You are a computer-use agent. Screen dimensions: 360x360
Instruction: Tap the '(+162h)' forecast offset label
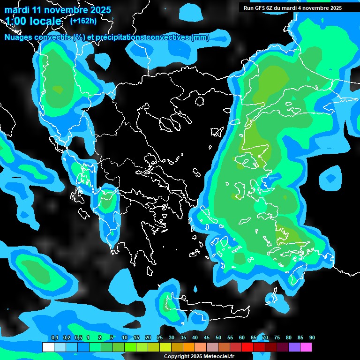[83, 21]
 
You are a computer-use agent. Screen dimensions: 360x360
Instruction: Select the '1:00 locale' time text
[33, 21]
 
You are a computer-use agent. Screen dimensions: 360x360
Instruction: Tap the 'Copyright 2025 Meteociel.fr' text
[199, 357]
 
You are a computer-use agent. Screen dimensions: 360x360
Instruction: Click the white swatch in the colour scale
[48, 347]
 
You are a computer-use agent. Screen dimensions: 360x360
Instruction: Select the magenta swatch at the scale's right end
[306, 347]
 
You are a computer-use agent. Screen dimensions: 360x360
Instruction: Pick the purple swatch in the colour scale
[294, 347]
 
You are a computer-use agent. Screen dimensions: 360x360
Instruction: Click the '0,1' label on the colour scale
[55, 338]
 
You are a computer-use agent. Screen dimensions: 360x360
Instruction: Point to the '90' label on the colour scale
[312, 338]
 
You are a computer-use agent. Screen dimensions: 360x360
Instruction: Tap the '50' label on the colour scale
[218, 338]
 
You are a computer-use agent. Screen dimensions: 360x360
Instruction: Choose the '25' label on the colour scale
[160, 338]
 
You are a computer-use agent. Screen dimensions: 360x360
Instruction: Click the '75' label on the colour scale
[277, 338]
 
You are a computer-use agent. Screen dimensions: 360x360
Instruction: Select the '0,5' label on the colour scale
[78, 338]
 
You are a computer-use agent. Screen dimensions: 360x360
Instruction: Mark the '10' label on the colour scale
[125, 338]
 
